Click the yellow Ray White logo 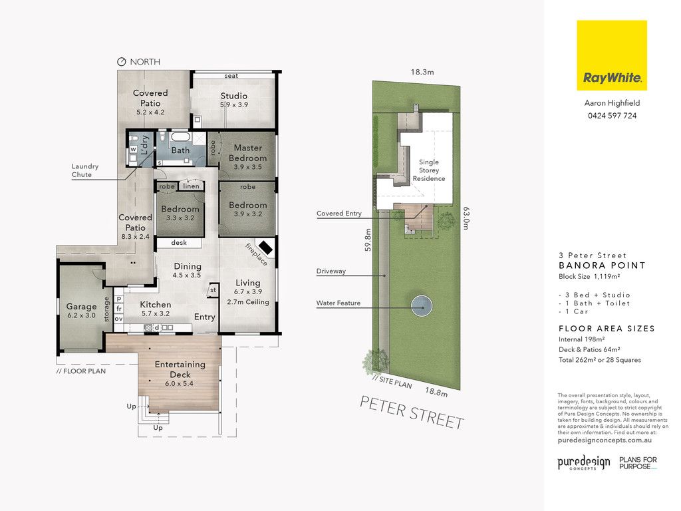coord(612,55)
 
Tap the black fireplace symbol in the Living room coord(266,249)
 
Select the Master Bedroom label coord(247,152)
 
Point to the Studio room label coord(233,96)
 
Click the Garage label coord(81,306)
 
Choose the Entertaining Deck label coord(180,369)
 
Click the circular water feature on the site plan coord(422,306)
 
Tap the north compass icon coord(122,62)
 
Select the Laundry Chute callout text coord(85,170)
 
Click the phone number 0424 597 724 coord(612,116)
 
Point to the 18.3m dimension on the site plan coord(422,72)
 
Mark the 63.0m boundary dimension coord(466,218)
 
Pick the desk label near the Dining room coord(179,242)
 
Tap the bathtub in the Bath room coord(180,136)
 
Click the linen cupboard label coord(191,186)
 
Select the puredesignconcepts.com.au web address coord(605,440)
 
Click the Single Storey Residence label coord(429,170)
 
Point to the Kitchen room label coord(156,305)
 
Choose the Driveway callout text coord(331,271)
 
